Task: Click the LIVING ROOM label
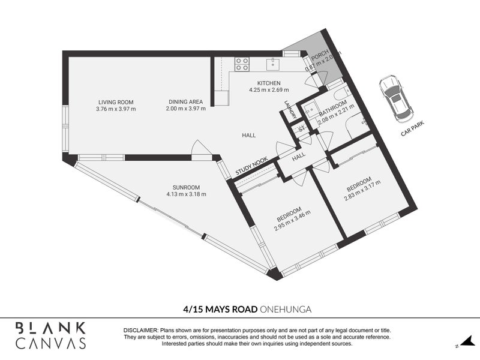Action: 116,102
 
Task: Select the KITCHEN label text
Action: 269,83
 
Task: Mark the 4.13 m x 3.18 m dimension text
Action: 186,194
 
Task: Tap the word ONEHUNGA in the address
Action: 287,309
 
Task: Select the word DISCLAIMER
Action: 140,331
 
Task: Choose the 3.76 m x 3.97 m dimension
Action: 116,109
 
